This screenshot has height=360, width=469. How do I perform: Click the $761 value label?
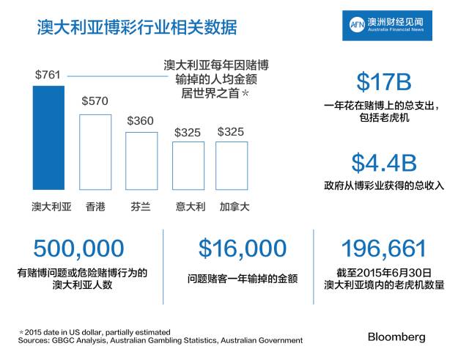[x=48, y=75]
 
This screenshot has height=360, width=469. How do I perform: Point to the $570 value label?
[x=95, y=101]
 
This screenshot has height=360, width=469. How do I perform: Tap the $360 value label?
[x=141, y=120]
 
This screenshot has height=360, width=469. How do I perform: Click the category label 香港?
[x=96, y=207]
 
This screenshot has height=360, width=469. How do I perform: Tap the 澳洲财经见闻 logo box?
[x=387, y=26]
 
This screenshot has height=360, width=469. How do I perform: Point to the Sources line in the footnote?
[x=160, y=340]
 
